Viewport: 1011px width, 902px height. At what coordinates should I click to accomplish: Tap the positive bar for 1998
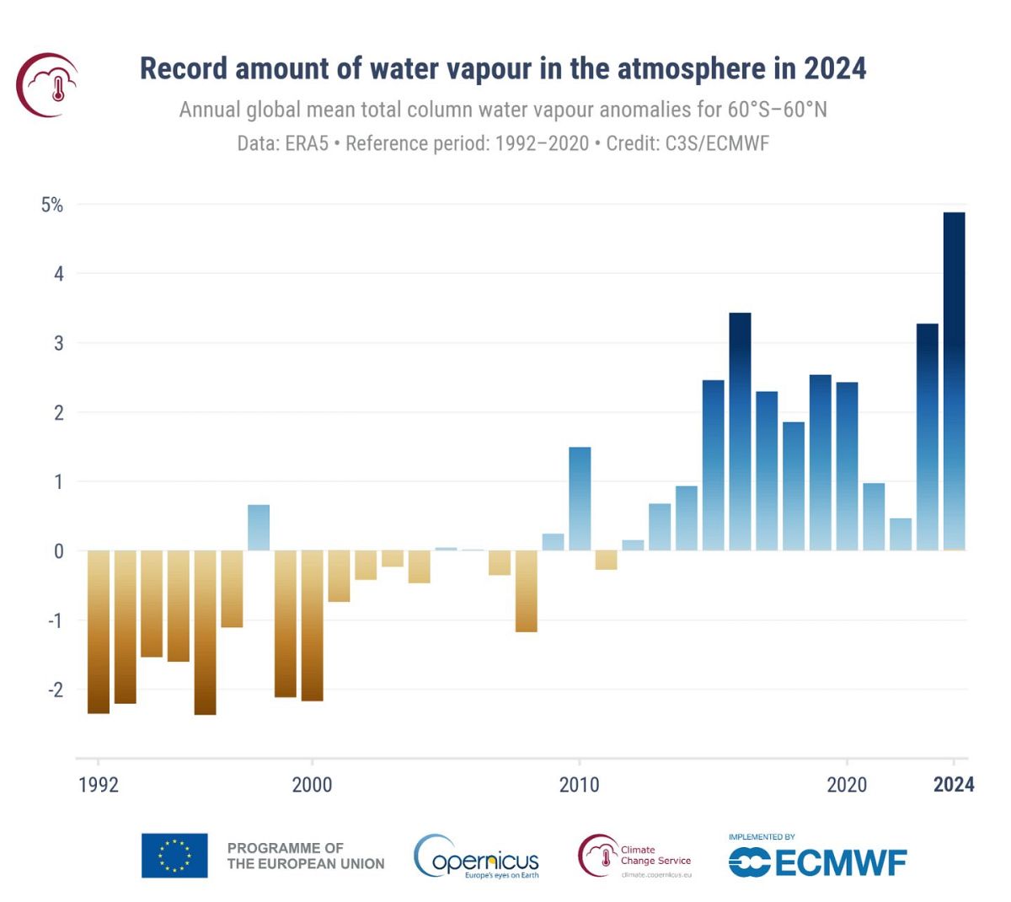click(259, 528)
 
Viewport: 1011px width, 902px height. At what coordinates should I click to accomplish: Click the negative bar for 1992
click(99, 632)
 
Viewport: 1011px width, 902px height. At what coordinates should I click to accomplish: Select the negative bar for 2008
click(527, 591)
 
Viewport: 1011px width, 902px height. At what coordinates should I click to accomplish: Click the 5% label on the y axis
click(52, 205)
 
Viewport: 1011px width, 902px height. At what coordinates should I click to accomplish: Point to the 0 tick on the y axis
click(58, 551)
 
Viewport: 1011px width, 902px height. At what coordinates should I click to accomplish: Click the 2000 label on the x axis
click(312, 785)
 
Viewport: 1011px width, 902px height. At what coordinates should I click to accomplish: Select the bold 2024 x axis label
click(954, 785)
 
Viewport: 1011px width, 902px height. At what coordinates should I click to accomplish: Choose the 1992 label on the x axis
click(99, 785)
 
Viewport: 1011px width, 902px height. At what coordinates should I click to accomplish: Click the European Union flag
click(174, 856)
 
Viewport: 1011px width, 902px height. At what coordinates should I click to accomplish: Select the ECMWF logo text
click(838, 862)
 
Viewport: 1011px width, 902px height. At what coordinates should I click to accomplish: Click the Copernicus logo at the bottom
click(477, 858)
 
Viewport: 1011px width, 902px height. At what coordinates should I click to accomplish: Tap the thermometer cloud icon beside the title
click(48, 84)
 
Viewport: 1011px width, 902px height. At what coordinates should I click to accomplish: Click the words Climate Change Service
click(655, 856)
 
